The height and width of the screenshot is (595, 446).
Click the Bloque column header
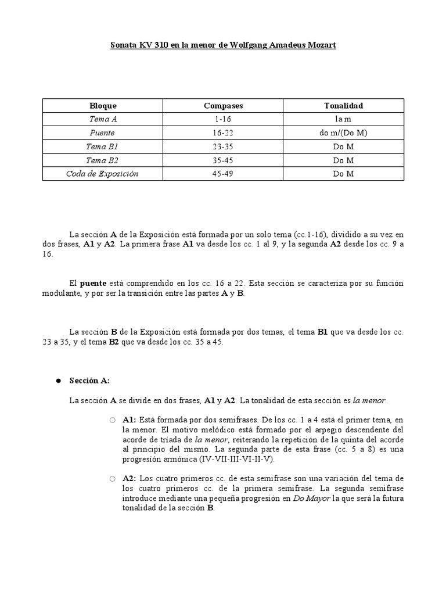point(103,106)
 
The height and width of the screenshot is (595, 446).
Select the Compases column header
point(223,106)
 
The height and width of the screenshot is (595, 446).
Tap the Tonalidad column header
point(343,106)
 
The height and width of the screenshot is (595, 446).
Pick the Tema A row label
point(103,119)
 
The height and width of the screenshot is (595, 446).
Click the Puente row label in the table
point(103,133)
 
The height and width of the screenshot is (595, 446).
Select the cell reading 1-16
point(223,119)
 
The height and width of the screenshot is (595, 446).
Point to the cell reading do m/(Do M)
point(343,133)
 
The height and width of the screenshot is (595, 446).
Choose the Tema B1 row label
point(103,146)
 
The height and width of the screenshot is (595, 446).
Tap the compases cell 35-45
point(223,160)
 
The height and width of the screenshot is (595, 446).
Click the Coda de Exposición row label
point(103,174)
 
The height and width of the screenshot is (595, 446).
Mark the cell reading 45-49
point(223,174)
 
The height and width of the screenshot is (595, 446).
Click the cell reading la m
point(343,119)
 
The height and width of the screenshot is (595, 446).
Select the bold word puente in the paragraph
point(93,284)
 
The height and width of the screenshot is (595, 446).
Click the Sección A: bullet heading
point(89,381)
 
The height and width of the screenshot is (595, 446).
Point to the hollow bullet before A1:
point(113,420)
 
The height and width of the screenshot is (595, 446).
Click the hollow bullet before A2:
point(113,479)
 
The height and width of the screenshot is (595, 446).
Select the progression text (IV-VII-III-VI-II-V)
point(232,459)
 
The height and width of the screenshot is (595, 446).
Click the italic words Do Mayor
point(311,499)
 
